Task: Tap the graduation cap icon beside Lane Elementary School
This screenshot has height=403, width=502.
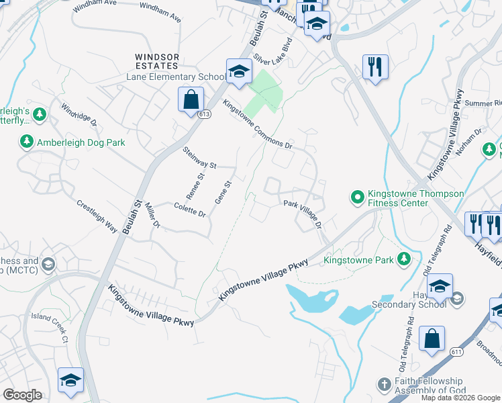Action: (238, 72)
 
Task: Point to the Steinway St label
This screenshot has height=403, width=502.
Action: (200, 161)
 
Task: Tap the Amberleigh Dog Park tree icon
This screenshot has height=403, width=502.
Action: (26, 142)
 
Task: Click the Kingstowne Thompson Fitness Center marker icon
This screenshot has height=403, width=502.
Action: (356, 197)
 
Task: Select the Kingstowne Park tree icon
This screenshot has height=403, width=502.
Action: (403, 259)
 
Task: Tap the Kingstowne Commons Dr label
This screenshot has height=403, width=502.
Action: (258, 125)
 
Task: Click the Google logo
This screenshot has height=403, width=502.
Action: (22, 394)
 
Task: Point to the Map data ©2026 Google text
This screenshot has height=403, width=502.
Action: (460, 398)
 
